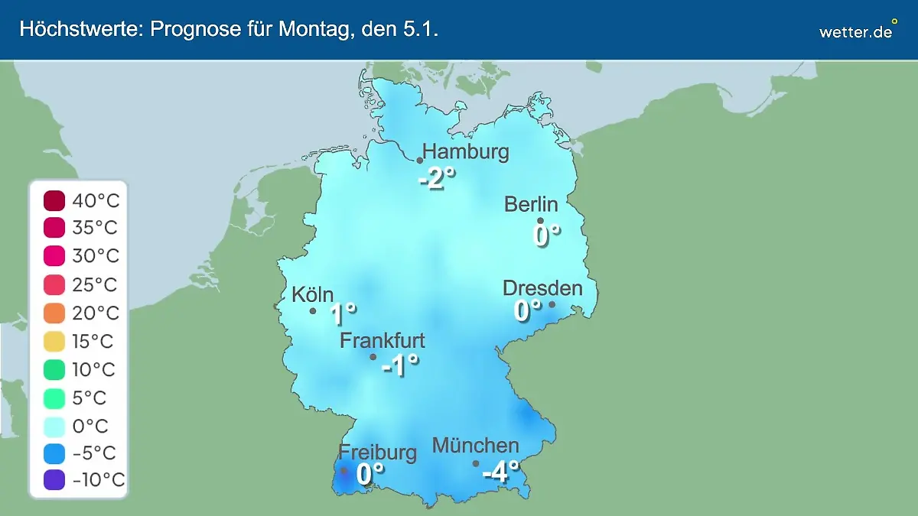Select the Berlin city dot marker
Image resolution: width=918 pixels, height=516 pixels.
(540, 221)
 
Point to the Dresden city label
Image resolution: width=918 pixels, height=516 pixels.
(542, 288)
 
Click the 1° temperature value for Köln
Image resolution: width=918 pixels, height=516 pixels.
(343, 313)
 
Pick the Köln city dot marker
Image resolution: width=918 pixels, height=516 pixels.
(313, 311)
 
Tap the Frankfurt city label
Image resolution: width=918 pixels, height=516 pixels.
(382, 340)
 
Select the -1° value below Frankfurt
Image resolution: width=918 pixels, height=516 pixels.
(400, 365)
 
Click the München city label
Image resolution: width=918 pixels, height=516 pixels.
(476, 445)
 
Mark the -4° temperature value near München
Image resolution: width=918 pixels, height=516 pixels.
(500, 472)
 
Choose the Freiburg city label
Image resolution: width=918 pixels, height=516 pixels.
(378, 452)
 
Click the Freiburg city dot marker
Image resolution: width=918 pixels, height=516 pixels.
(343, 471)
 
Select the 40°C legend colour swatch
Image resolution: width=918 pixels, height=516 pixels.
(54, 201)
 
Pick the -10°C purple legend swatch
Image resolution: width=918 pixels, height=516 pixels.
(54, 481)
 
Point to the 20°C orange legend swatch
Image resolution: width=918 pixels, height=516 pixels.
(54, 313)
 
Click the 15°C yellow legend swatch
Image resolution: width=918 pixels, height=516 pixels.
(54, 341)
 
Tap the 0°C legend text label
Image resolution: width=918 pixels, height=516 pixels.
(90, 425)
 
